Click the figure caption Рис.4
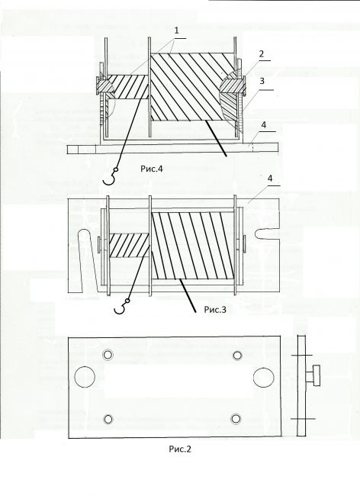tap(152, 169)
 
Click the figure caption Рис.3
tap(215, 309)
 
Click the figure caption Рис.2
tap(180, 449)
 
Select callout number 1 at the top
tap(177, 31)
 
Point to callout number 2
tap(262, 53)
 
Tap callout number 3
tap(262, 81)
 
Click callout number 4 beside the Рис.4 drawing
tap(264, 124)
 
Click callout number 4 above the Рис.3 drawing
tap(269, 179)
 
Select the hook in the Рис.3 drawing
tap(122, 307)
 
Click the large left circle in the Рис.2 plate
tap(85, 377)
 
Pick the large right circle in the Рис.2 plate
tap(264, 377)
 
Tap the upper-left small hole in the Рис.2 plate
tap(108, 355)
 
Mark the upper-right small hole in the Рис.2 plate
tap(237, 356)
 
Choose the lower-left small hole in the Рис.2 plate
tap(108, 420)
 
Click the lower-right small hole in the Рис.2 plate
tap(236, 419)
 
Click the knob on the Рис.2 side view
tap(313, 375)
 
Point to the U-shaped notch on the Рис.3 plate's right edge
tap(266, 234)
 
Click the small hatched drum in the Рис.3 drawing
tap(129, 246)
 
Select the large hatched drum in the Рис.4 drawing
tap(193, 87)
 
